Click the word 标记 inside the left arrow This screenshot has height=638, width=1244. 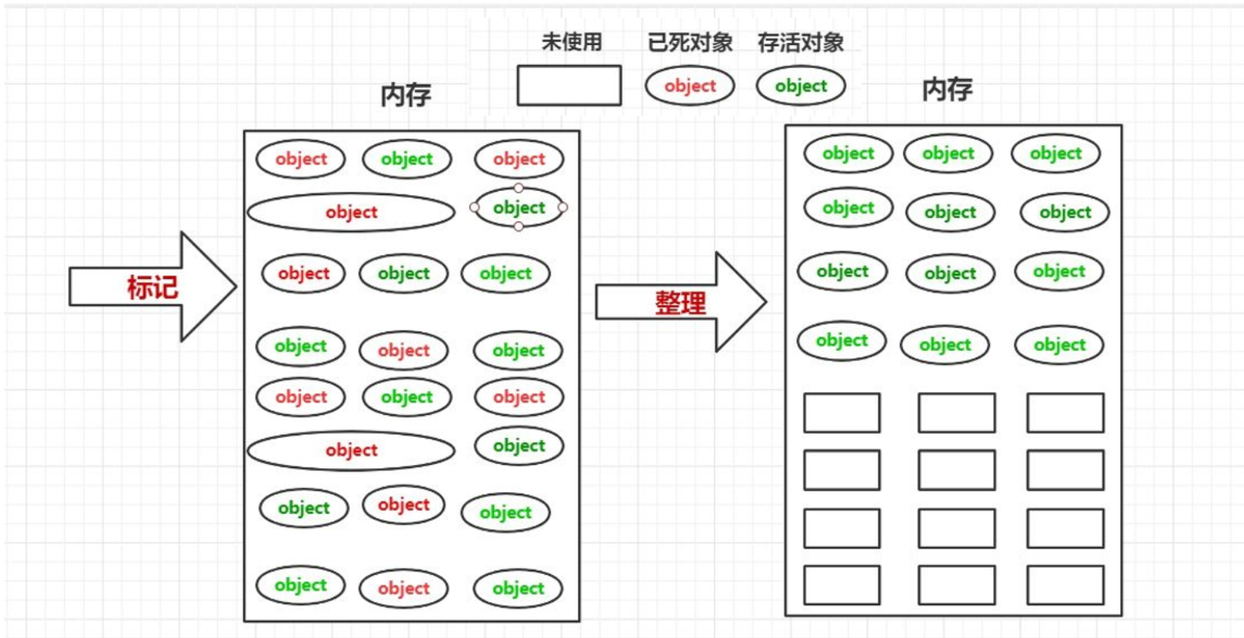click(x=152, y=287)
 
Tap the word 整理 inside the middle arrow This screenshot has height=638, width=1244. click(x=680, y=303)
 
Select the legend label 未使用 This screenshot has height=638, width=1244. click(x=572, y=43)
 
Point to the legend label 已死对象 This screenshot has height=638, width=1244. click(x=690, y=43)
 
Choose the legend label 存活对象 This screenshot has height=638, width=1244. click(x=801, y=43)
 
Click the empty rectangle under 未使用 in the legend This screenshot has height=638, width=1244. click(x=569, y=86)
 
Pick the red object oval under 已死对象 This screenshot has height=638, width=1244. click(x=690, y=86)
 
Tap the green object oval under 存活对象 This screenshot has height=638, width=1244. click(x=801, y=86)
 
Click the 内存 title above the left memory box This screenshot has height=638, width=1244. click(x=406, y=96)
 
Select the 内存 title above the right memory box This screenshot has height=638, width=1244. click(x=947, y=89)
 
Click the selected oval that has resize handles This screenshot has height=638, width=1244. click(x=519, y=207)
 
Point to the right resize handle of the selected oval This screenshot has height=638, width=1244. click(x=563, y=207)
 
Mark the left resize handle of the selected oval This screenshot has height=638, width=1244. click(x=474, y=207)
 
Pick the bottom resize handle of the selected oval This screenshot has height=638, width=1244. click(x=519, y=226)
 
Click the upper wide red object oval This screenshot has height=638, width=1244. click(x=351, y=213)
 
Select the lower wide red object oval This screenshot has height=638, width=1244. click(x=351, y=451)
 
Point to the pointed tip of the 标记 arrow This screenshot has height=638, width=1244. click(x=236, y=287)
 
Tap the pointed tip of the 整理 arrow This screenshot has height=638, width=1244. click(x=765, y=303)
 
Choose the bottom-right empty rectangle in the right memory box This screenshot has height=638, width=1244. click(x=1065, y=585)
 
